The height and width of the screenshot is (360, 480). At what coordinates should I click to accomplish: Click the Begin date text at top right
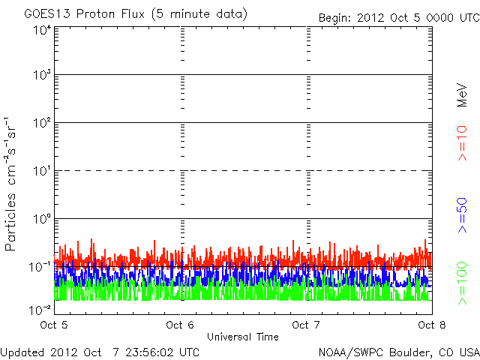pos(397,17)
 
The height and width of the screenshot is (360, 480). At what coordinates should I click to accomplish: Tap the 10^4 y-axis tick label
pos(41,29)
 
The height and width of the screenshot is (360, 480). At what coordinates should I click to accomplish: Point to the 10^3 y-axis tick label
pos(41,76)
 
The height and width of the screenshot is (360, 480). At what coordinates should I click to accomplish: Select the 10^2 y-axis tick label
pos(41,124)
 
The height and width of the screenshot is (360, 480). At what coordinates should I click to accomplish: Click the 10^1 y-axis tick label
pos(41,172)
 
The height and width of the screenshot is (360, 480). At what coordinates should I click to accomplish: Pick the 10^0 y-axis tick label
pos(41,220)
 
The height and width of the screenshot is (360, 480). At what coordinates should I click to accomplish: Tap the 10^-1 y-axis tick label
pos(40,267)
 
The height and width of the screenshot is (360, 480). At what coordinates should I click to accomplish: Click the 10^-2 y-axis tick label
pos(40,309)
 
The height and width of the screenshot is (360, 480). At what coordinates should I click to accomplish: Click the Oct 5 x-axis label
pos(53,325)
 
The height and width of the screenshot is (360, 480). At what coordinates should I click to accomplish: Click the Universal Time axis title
pos(243,337)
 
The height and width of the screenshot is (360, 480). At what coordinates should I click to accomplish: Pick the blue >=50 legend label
pos(462,214)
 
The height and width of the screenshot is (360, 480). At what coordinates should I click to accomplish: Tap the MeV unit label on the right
pos(462,94)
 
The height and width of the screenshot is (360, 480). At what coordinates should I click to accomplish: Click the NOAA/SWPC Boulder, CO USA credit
pos(398,352)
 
